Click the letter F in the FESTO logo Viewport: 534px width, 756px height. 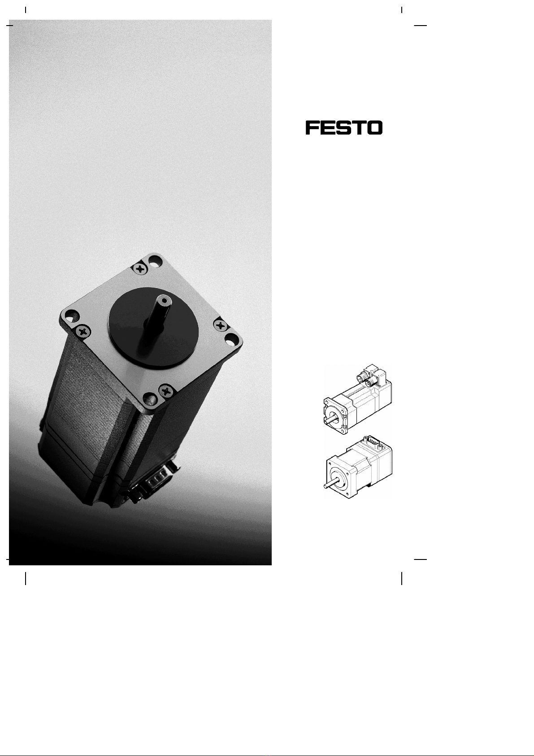313,128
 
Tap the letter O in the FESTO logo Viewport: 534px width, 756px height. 375,128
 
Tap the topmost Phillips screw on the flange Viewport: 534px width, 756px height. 140,269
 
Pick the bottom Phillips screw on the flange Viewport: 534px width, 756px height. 165,391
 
